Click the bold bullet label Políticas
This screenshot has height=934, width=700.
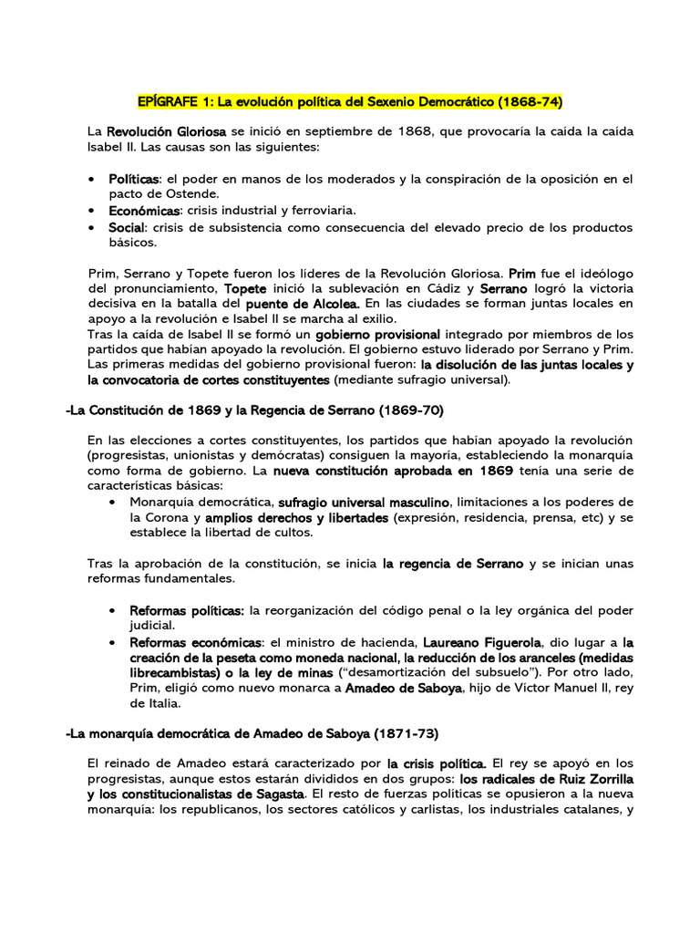134,179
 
